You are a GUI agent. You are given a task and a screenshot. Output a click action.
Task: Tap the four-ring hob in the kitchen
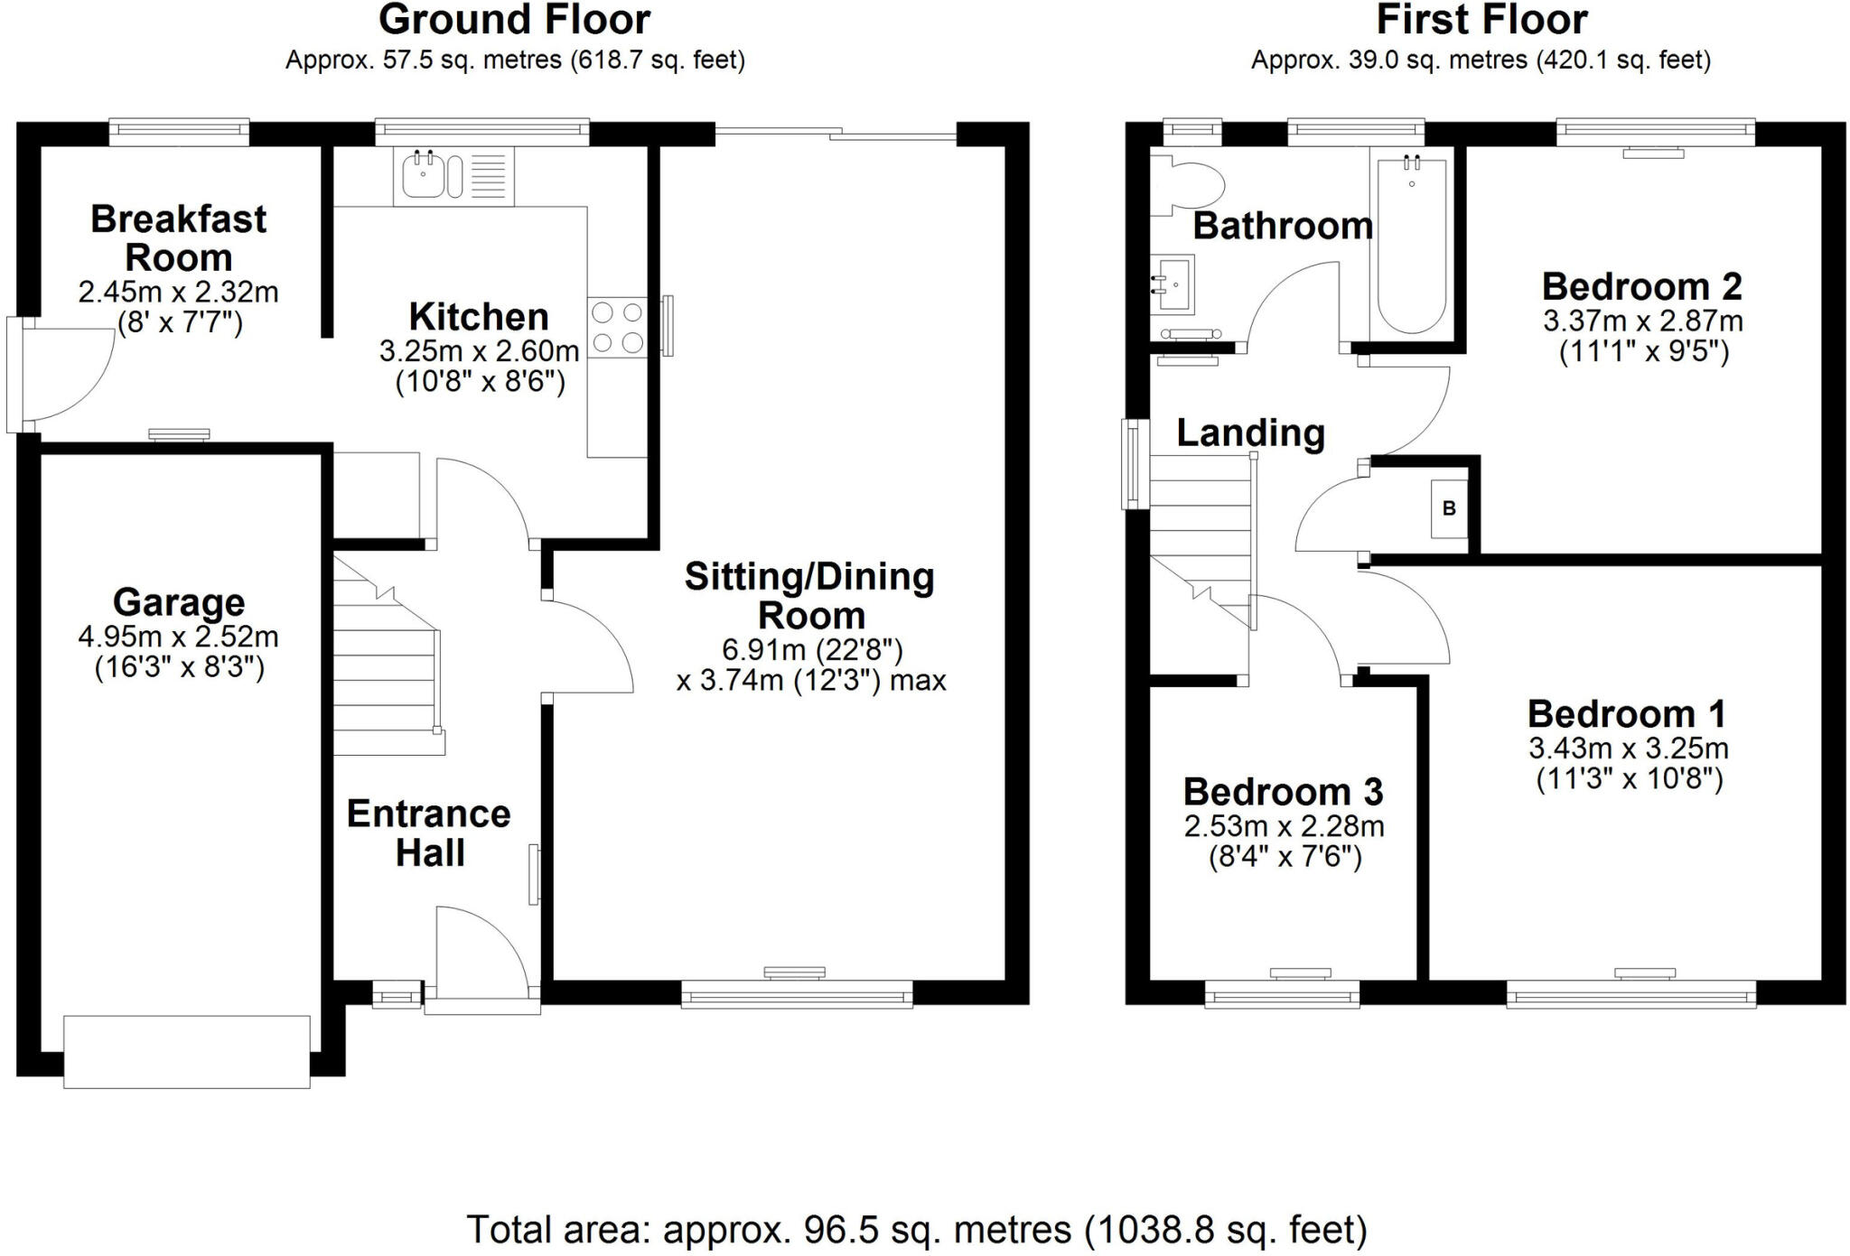click(618, 328)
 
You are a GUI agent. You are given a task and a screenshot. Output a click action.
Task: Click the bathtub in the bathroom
click(1412, 244)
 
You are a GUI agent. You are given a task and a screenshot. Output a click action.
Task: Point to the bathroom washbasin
click(1173, 285)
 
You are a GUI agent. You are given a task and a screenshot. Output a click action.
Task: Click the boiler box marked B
click(1449, 508)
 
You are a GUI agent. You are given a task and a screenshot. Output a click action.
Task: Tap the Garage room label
click(179, 602)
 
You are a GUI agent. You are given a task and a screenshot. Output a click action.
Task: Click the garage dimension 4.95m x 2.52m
click(179, 637)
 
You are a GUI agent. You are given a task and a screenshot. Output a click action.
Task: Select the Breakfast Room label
click(179, 238)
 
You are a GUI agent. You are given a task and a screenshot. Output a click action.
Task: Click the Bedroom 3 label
click(1283, 792)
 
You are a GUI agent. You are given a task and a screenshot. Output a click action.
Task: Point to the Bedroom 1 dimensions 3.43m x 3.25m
click(1629, 749)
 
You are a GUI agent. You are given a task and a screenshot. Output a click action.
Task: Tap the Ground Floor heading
click(514, 20)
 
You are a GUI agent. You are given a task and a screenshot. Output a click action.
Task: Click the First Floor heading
click(1481, 20)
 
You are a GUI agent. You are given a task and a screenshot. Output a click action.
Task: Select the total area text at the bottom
click(917, 1230)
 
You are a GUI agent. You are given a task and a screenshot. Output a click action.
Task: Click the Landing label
click(1250, 433)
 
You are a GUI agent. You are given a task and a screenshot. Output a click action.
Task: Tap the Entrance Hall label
click(429, 833)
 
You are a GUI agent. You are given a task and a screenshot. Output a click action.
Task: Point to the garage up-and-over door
click(187, 1051)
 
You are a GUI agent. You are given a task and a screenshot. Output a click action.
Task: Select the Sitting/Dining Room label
click(810, 596)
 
